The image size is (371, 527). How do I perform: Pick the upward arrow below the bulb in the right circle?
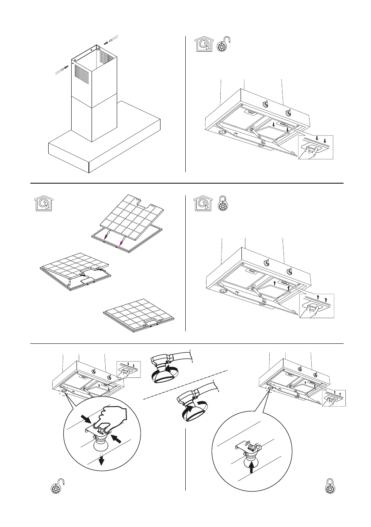(252, 468)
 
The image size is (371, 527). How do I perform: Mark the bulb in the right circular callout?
(251, 456)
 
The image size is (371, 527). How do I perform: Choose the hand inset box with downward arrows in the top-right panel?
(316, 148)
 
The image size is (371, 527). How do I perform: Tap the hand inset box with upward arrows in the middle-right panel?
(316, 305)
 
